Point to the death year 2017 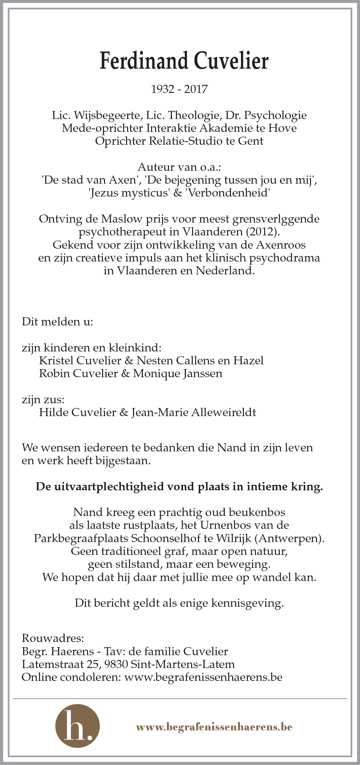click(x=196, y=89)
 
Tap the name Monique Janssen click(x=177, y=374)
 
